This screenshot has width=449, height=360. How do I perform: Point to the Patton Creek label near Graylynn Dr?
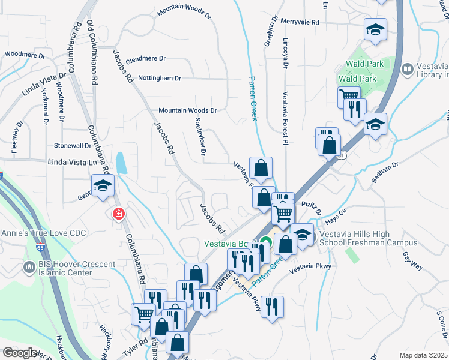(254, 98)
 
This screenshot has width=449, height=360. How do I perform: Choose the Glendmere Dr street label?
(145, 59)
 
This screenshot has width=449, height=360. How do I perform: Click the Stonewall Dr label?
(73, 145)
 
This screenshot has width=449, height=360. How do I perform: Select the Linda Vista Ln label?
(72, 163)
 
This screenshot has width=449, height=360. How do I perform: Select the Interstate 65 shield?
(2, 176)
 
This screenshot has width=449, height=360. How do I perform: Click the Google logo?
(20, 352)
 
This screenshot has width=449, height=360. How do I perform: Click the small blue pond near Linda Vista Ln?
(121, 163)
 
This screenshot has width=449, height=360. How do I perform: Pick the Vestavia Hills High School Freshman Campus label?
(368, 238)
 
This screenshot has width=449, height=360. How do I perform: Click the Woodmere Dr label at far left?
(25, 55)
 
